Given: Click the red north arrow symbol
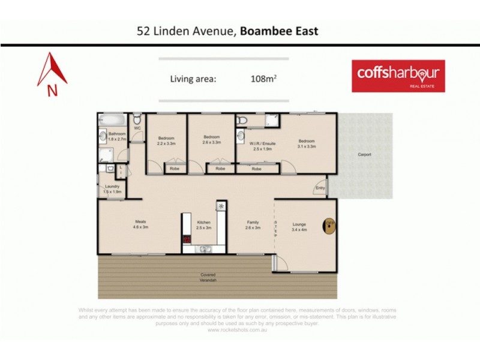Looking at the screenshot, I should (52, 71).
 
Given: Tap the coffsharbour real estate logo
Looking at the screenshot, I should (398, 76).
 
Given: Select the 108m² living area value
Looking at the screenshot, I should (263, 78).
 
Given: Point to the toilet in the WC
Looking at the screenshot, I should (137, 118).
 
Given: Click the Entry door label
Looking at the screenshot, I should (320, 188).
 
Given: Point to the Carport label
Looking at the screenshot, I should (364, 154).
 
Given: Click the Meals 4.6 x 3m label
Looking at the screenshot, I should (140, 225).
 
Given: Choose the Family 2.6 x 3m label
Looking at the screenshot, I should (253, 225).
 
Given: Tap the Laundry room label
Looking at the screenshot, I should (112, 188).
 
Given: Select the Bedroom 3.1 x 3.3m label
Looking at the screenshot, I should (307, 144).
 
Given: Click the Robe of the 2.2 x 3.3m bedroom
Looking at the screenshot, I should (174, 169).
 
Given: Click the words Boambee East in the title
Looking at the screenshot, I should (279, 31).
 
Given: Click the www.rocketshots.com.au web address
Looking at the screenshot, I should (238, 329).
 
